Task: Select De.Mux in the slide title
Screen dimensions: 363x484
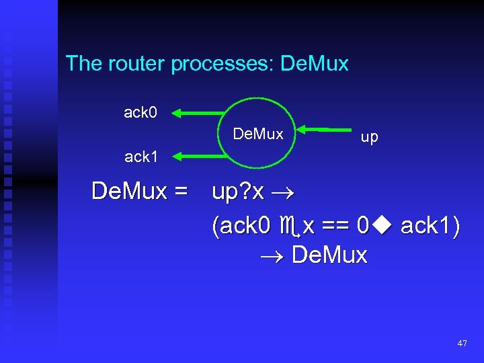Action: pyautogui.click(x=315, y=64)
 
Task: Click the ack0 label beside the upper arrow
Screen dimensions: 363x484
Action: pyautogui.click(x=140, y=112)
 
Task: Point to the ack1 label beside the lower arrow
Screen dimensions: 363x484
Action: pyautogui.click(x=140, y=157)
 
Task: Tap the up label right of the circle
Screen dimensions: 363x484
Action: pyautogui.click(x=369, y=137)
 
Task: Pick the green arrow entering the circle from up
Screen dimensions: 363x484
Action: pyautogui.click(x=326, y=128)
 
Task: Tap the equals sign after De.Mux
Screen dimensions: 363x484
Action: pyautogui.click(x=179, y=192)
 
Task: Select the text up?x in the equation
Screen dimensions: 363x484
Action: pyautogui.click(x=237, y=192)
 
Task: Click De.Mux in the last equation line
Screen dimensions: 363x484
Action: pyautogui.click(x=330, y=255)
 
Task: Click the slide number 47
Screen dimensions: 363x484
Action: pyautogui.click(x=462, y=344)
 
